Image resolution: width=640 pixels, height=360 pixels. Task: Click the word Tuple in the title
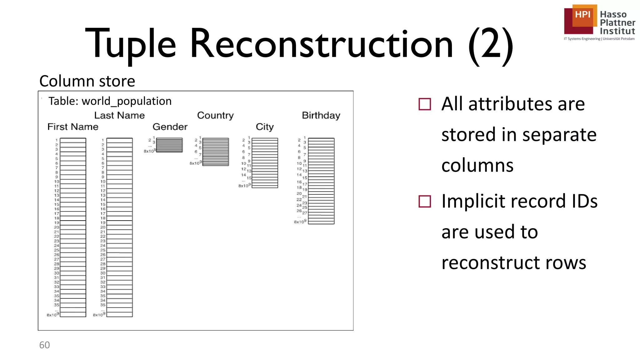click(130, 44)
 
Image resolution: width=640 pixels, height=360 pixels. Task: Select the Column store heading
click(87, 81)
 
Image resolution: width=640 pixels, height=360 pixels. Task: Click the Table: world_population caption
click(110, 101)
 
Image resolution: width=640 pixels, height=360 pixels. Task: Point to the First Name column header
click(73, 127)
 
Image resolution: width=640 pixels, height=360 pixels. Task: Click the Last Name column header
click(119, 116)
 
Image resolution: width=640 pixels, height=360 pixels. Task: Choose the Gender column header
click(170, 127)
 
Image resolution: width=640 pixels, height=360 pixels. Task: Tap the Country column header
click(215, 116)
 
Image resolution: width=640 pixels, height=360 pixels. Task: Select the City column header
click(265, 127)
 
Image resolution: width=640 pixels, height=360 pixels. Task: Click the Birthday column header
click(321, 116)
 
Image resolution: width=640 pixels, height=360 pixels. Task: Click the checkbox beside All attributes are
click(425, 104)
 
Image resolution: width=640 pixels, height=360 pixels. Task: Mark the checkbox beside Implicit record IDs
click(425, 202)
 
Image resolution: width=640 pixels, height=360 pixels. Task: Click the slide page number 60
click(44, 345)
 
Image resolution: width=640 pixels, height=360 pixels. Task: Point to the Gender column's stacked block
click(169, 145)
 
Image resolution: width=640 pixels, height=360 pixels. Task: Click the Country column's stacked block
click(216, 152)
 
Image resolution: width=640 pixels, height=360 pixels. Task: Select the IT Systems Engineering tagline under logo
click(599, 39)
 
